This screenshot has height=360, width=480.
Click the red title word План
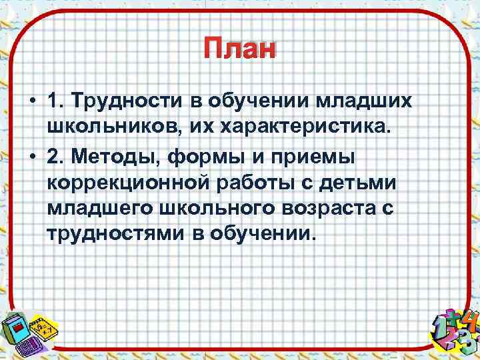(239, 50)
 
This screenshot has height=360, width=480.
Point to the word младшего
(100, 207)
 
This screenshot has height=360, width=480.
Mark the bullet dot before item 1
(32, 101)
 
